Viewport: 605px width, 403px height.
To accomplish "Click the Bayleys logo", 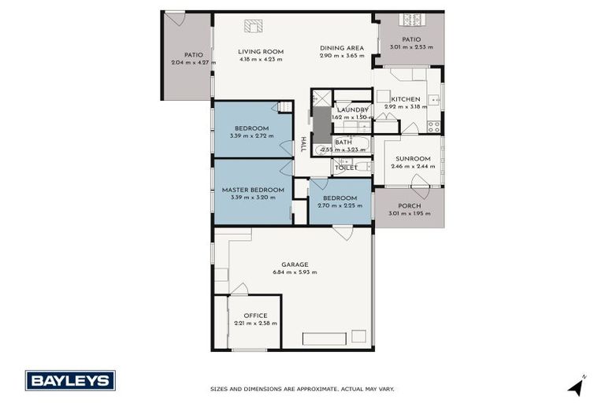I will tap(70, 380).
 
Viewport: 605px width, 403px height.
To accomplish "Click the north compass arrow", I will tap(577, 386).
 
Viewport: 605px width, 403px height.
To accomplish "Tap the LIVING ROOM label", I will tap(261, 52).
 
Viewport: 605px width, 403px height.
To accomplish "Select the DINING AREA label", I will tap(342, 48).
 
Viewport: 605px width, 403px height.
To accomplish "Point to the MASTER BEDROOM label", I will tap(252, 190).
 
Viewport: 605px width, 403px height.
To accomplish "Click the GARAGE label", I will tap(295, 264).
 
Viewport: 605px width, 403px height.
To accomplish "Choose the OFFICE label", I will tap(255, 316).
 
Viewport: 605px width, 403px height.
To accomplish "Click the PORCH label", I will tap(409, 205).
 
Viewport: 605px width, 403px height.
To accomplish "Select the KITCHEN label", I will tap(406, 99).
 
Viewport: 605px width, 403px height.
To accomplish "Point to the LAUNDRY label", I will tap(352, 109).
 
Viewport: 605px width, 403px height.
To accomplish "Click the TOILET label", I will tap(346, 167).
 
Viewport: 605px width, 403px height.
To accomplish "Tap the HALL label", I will tap(303, 145).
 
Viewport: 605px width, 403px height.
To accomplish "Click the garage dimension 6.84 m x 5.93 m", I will tap(295, 272).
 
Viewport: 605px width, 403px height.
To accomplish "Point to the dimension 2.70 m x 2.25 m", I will tap(340, 205).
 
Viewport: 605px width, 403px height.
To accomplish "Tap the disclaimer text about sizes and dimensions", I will tap(302, 389).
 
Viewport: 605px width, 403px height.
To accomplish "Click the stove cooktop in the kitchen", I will tap(433, 126).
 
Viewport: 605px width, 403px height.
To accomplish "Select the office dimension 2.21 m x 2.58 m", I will tap(255, 324).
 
